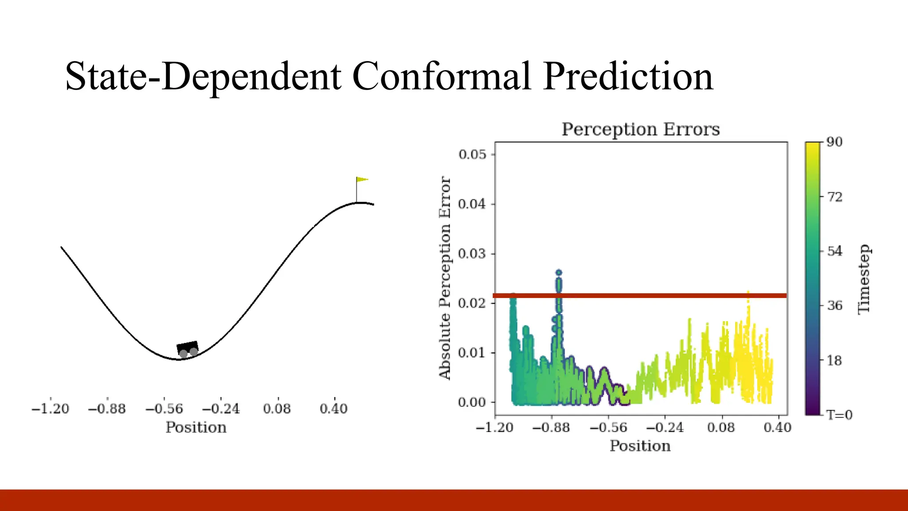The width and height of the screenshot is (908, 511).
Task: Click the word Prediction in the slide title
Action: tap(628, 76)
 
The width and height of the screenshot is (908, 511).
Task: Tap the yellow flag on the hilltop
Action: tap(362, 180)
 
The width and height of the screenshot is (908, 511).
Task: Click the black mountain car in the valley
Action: tap(188, 349)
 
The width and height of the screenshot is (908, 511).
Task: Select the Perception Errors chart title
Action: tap(641, 130)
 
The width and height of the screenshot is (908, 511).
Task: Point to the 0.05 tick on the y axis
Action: tap(472, 155)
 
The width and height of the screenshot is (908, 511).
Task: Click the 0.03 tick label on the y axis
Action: tap(472, 254)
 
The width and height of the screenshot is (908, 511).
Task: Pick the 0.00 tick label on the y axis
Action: tap(472, 402)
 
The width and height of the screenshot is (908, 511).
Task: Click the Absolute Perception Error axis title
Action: tap(445, 278)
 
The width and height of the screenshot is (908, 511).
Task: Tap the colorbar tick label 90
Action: tap(834, 142)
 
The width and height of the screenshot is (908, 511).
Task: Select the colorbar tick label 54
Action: tap(834, 251)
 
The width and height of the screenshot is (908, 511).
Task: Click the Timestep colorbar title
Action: tap(864, 279)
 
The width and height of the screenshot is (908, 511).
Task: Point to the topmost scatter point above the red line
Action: tap(559, 273)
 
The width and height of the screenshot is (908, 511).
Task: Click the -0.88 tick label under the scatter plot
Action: tap(551, 428)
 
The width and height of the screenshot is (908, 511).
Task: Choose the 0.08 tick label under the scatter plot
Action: tap(721, 428)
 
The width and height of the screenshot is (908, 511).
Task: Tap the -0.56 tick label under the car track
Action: tap(164, 409)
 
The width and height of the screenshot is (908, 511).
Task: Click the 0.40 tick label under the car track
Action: tap(333, 409)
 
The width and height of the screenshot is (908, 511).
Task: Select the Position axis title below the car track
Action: tap(196, 428)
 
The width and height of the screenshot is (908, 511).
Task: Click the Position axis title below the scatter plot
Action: tap(640, 446)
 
